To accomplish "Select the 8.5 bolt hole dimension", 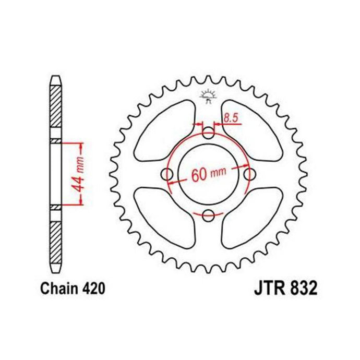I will [x=230, y=119].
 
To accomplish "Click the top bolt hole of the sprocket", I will [x=208, y=134].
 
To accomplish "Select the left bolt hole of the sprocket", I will [x=167, y=174].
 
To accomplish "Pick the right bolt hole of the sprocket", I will [x=249, y=174].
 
